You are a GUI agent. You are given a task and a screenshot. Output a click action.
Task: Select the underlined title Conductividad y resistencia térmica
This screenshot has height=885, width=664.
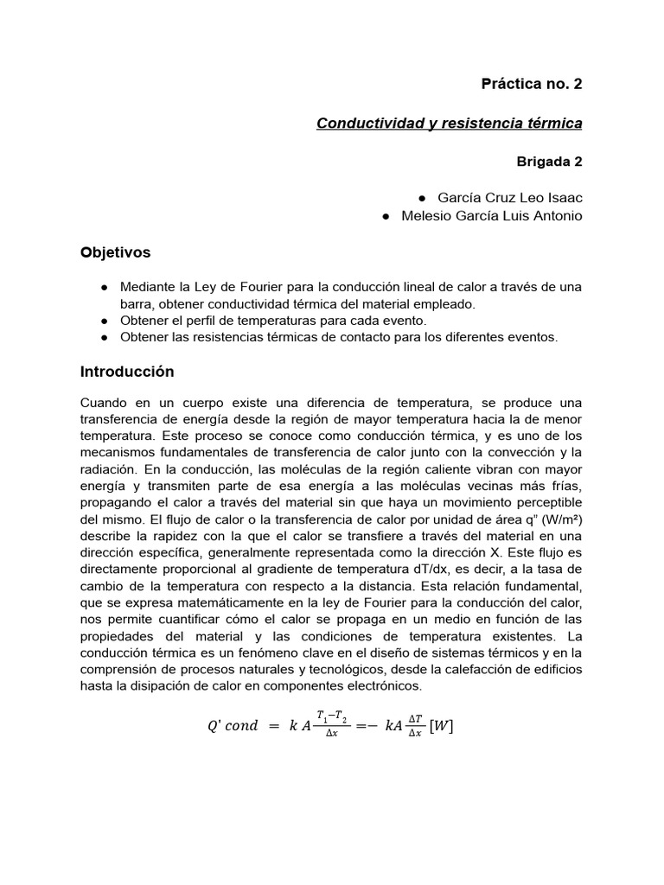(x=449, y=123)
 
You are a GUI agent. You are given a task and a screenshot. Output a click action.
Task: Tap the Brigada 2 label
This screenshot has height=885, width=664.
(x=549, y=161)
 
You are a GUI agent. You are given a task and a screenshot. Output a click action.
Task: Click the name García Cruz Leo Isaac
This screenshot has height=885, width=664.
(x=510, y=198)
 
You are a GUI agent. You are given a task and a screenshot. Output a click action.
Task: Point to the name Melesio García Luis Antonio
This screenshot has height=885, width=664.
(x=492, y=216)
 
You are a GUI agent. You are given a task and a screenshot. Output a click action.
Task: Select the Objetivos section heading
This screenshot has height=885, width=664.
(x=115, y=252)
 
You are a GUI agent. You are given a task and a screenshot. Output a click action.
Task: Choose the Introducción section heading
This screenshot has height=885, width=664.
(x=127, y=372)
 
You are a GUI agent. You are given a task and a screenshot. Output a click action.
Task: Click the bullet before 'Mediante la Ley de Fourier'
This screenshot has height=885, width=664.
(x=104, y=287)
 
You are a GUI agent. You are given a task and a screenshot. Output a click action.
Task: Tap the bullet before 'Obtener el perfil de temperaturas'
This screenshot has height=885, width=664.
(x=104, y=321)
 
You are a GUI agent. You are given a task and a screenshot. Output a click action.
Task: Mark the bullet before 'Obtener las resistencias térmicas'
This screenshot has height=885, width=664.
(x=104, y=338)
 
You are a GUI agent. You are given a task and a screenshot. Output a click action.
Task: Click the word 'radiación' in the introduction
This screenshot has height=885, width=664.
(x=109, y=469)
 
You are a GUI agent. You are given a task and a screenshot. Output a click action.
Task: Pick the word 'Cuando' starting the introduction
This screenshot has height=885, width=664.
(x=103, y=404)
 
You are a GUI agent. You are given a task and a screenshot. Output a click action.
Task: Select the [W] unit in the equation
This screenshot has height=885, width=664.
(x=440, y=726)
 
